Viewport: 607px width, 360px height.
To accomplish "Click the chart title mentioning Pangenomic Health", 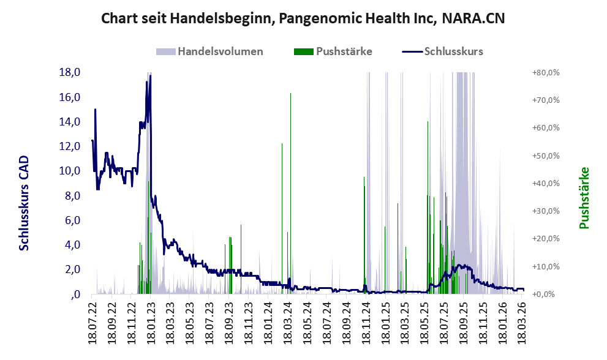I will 303,18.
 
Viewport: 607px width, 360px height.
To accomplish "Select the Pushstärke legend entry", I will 344,51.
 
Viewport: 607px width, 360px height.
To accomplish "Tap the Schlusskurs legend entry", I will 453,51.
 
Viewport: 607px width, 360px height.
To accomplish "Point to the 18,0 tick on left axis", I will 69,72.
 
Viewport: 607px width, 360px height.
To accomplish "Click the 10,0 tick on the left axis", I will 69,171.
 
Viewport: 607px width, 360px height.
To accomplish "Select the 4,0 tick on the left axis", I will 72,245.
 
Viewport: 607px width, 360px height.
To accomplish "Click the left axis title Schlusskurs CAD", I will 25,203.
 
